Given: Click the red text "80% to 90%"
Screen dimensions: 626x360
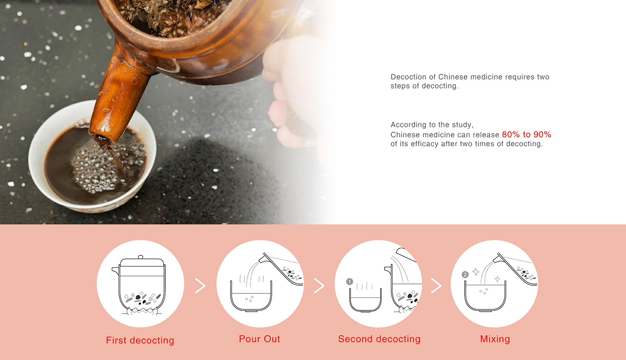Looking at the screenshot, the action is (x=527, y=135).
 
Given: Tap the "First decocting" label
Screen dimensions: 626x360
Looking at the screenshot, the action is (x=140, y=340).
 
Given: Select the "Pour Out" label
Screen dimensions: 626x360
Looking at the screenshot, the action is (x=259, y=339).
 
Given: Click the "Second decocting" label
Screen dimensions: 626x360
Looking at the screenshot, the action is (x=379, y=339).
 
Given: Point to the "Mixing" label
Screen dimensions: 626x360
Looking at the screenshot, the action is (x=495, y=339).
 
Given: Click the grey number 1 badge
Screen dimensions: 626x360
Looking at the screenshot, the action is (x=349, y=281).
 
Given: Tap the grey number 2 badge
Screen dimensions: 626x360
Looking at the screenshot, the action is (x=465, y=275).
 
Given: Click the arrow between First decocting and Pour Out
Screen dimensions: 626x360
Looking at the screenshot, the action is (x=200, y=286).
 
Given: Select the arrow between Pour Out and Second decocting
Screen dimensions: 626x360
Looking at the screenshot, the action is (x=319, y=286).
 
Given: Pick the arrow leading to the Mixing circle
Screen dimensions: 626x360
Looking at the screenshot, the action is (x=436, y=286).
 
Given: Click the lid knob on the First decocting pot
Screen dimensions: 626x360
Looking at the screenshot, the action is (x=140, y=257).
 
